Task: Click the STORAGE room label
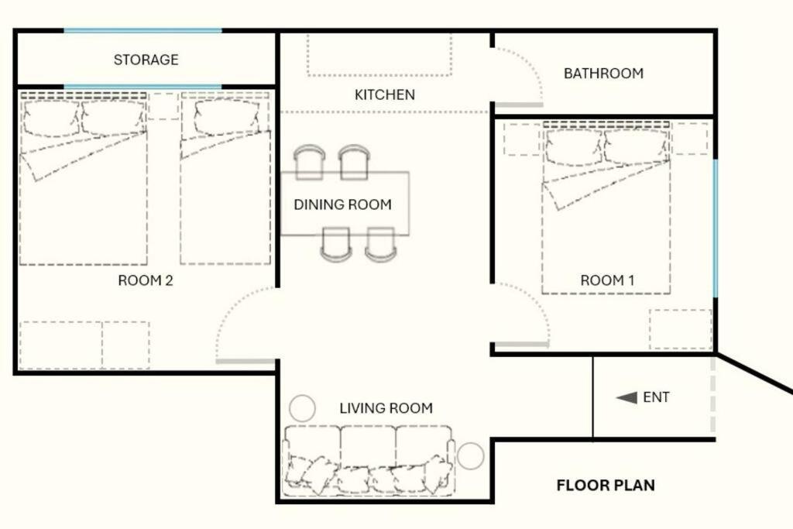click(x=146, y=60)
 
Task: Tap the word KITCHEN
click(x=385, y=94)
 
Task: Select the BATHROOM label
click(x=603, y=74)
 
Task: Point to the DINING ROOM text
click(x=342, y=204)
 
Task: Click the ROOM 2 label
click(x=146, y=280)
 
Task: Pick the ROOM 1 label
click(x=607, y=280)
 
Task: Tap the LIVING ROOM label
click(x=386, y=408)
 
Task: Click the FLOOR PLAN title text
click(x=606, y=486)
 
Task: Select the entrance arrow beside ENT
click(x=627, y=397)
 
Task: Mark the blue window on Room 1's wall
click(x=715, y=228)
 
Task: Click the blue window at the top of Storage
click(x=142, y=31)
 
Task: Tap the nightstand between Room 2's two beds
click(x=163, y=106)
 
